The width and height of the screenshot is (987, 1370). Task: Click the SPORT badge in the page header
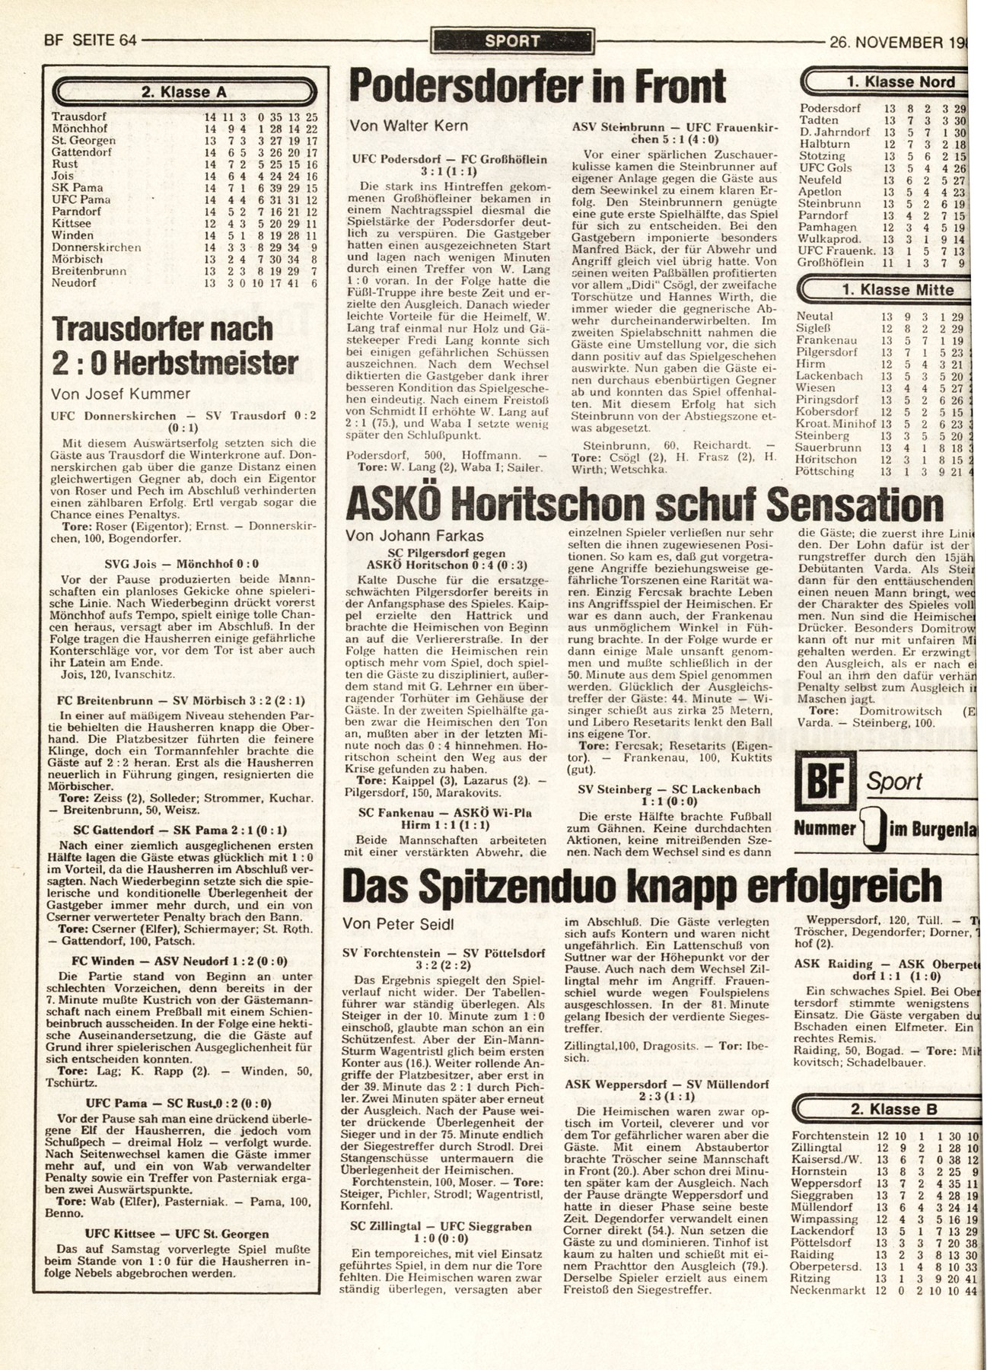coord(511,41)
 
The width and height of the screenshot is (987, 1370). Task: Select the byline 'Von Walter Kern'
coord(409,126)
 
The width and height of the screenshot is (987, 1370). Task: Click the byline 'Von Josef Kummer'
coord(119,393)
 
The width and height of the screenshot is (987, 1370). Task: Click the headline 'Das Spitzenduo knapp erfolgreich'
coord(642,885)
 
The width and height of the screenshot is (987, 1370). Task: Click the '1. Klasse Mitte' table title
coord(897,290)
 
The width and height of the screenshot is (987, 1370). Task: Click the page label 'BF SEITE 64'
coord(80,41)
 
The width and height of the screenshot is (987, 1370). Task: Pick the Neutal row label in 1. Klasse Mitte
coord(814,316)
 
